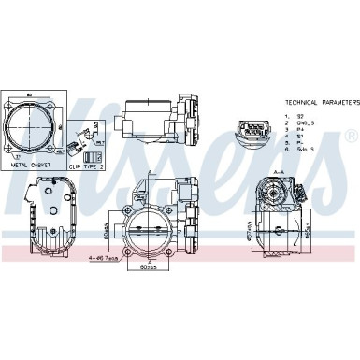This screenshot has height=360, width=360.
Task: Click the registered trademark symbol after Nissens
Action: [x=349, y=138]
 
